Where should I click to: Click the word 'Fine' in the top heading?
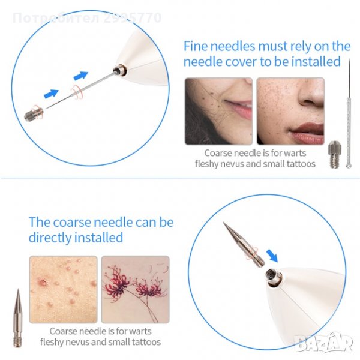pos(195,46)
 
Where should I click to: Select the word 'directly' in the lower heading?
pos(50,238)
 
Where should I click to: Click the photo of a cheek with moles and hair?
pos(218,111)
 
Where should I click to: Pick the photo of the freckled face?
pos(290,111)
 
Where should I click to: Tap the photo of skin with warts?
pos(64,289)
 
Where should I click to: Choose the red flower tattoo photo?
pos(135,289)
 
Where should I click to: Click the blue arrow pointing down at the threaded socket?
pos(272,256)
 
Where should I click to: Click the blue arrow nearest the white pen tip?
pos(81,76)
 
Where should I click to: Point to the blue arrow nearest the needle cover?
pos(51,94)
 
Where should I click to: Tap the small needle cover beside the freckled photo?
pos(334,154)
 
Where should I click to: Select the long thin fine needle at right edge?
pos(349,113)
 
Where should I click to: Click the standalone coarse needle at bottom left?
pos(17,318)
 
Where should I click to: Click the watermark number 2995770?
pos(133,18)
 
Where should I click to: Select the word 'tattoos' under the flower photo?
pos(146,342)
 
